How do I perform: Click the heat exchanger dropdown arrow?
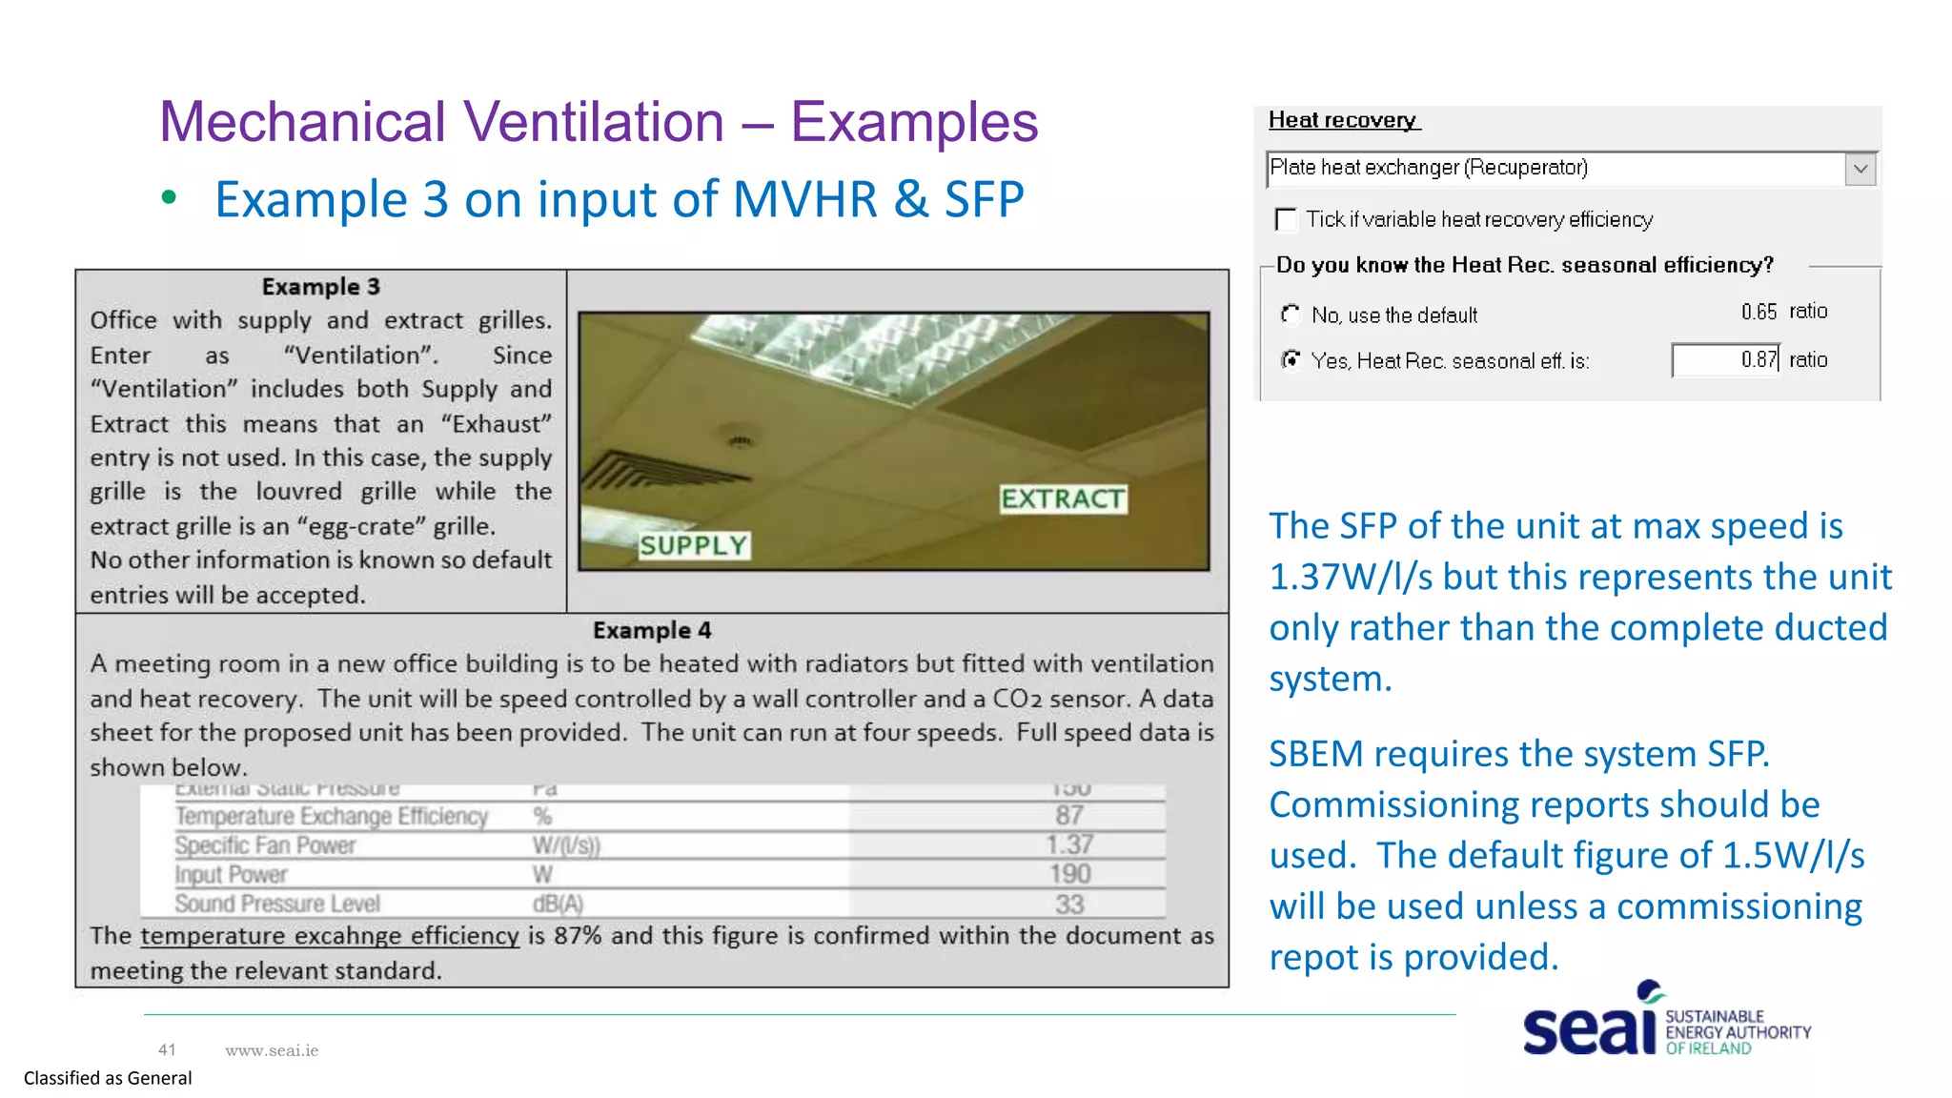point(1860,170)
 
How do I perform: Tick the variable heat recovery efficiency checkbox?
point(1286,220)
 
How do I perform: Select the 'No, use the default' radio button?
point(1291,314)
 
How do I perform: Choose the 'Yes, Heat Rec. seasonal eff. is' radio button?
point(1291,359)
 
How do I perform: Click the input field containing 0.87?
point(1725,360)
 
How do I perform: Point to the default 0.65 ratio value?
point(1759,312)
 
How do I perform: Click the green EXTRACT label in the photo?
point(1063,498)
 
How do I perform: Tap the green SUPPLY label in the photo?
point(694,545)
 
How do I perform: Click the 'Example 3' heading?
point(321,287)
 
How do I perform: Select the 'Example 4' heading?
point(652,630)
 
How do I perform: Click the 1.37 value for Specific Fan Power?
point(1069,844)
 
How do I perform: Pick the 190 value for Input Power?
point(1069,874)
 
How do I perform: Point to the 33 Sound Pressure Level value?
point(1069,904)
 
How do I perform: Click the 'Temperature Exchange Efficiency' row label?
point(331,816)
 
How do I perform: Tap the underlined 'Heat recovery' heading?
point(1342,120)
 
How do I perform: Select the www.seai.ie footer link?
point(272,1050)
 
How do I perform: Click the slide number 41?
point(167,1049)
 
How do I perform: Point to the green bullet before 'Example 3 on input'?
point(170,198)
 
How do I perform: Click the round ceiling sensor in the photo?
point(741,440)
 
